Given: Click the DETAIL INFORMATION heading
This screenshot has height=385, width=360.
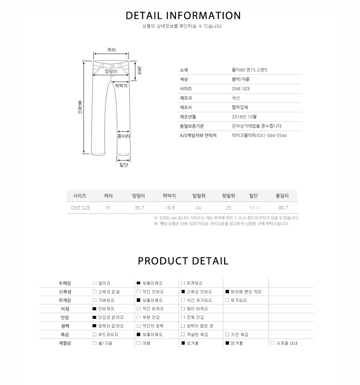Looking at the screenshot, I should coord(183,16).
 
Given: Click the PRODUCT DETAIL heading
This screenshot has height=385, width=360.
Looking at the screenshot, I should coord(183,261).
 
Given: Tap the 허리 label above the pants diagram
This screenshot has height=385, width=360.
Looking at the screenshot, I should coord(112,50).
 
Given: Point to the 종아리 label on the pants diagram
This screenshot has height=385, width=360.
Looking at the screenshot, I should coord(123,136).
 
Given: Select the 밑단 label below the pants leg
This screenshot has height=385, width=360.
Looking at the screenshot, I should coord(124,165).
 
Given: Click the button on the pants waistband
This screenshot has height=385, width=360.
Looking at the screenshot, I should coord(113,66).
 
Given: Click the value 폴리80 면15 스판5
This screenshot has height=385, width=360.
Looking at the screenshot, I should coord(249,70).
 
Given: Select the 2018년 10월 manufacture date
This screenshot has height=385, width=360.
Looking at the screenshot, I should coord(244,117).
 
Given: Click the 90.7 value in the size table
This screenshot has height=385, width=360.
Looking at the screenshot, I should coord(283,208).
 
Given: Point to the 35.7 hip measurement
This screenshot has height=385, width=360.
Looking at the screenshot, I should coord(139,208).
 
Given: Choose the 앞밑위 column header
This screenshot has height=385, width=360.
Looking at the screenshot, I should coord(199,196).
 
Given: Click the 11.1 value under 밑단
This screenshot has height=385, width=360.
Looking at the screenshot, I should coord(254,208).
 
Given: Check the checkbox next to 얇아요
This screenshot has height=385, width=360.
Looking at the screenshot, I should coord(94,283).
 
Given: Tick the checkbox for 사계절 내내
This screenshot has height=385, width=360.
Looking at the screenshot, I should coord(273,343).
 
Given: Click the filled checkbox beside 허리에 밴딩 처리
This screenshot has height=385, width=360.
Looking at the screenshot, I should coord(227,292).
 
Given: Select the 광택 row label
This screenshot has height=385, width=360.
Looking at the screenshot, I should coord(65,326).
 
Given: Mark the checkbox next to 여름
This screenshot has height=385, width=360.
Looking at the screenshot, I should coord(139,343).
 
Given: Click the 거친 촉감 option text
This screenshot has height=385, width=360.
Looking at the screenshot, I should coord(239,335).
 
